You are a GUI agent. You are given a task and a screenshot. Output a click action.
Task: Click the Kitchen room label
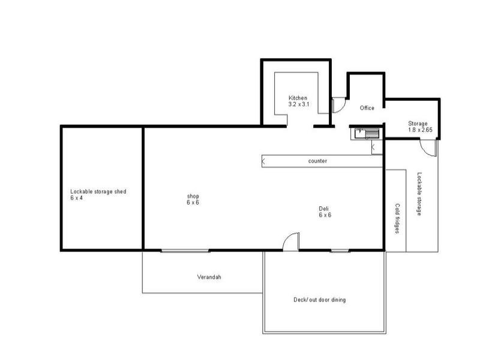point(298,98)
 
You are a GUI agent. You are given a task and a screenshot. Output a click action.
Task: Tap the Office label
point(367,108)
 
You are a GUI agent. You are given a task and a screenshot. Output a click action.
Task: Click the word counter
point(317,161)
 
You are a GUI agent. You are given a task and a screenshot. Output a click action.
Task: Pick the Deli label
point(325,209)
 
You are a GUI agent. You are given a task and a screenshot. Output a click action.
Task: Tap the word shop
point(192,196)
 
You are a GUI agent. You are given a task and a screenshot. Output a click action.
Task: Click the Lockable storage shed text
point(98,191)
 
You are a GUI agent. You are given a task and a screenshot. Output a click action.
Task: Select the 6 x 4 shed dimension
point(76,197)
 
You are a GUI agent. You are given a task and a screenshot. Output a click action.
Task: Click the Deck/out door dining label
point(319,299)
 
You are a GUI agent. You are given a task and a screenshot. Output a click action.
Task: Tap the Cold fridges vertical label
point(397,218)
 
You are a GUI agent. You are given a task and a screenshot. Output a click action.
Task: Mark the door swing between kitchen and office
point(337,105)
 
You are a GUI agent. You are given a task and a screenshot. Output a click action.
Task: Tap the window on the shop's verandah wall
point(185,250)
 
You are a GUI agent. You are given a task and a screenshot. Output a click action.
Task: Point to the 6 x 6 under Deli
point(325,215)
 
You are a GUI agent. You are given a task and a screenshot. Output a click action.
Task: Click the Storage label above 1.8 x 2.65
point(418,124)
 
